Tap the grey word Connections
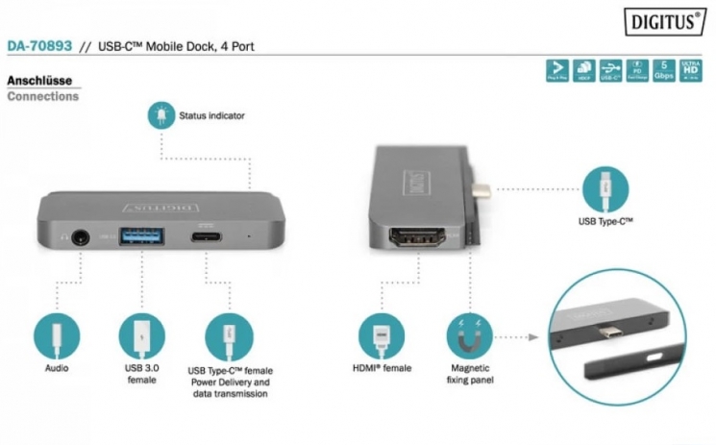point(42,96)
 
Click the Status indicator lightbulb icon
point(157,115)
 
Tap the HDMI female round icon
point(382,336)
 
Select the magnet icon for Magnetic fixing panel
point(469,336)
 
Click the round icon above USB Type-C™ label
point(605,187)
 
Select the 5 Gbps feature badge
point(663,70)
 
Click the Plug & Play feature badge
point(556,70)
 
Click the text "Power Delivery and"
point(230,383)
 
